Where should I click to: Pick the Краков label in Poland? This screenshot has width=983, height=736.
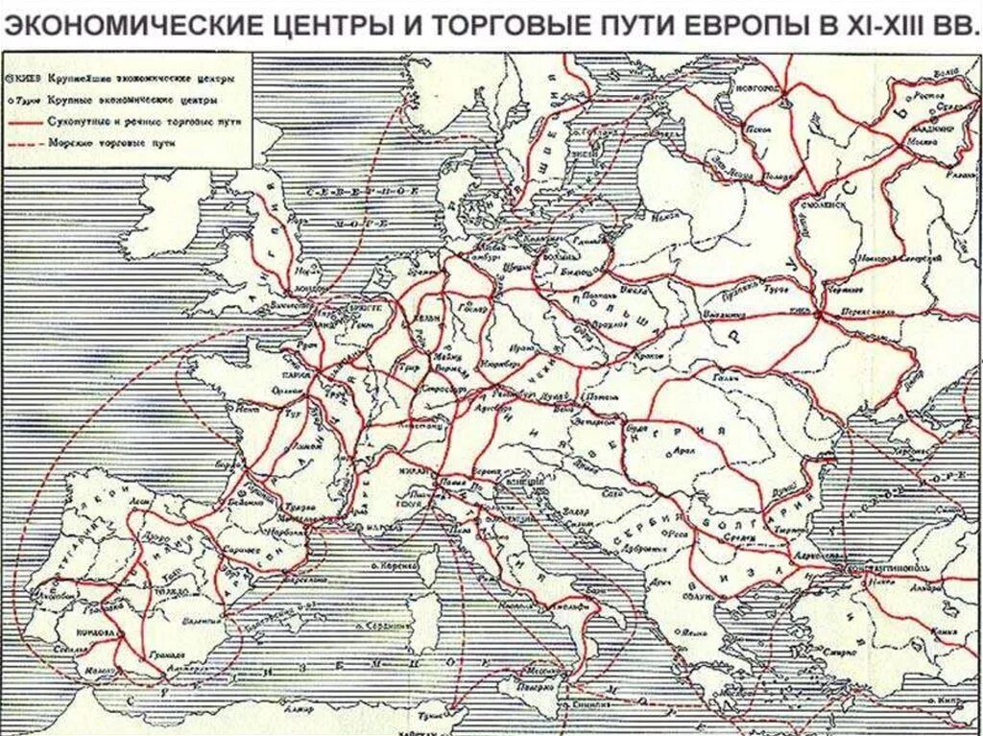[624, 357]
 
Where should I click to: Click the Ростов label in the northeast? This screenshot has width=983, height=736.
[925, 96]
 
